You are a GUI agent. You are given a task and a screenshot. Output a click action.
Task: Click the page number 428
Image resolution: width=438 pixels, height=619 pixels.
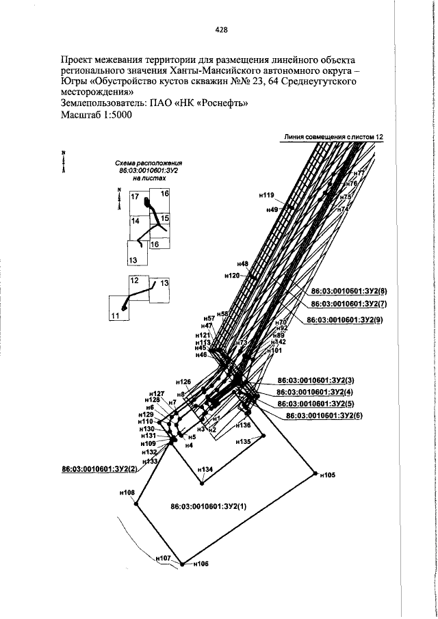220,29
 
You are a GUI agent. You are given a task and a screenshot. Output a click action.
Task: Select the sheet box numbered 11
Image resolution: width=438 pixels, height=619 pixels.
115,316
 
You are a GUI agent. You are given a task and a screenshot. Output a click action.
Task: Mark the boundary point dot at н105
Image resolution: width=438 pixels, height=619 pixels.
315,471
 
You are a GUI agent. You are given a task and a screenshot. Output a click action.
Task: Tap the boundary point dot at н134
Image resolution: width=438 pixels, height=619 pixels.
202,484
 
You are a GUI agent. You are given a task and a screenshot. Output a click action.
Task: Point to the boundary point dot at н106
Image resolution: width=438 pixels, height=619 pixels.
183,564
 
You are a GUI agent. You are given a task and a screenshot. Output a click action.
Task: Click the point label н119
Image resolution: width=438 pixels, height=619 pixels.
266,195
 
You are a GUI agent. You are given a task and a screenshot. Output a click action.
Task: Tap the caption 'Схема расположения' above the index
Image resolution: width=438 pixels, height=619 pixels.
149,163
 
